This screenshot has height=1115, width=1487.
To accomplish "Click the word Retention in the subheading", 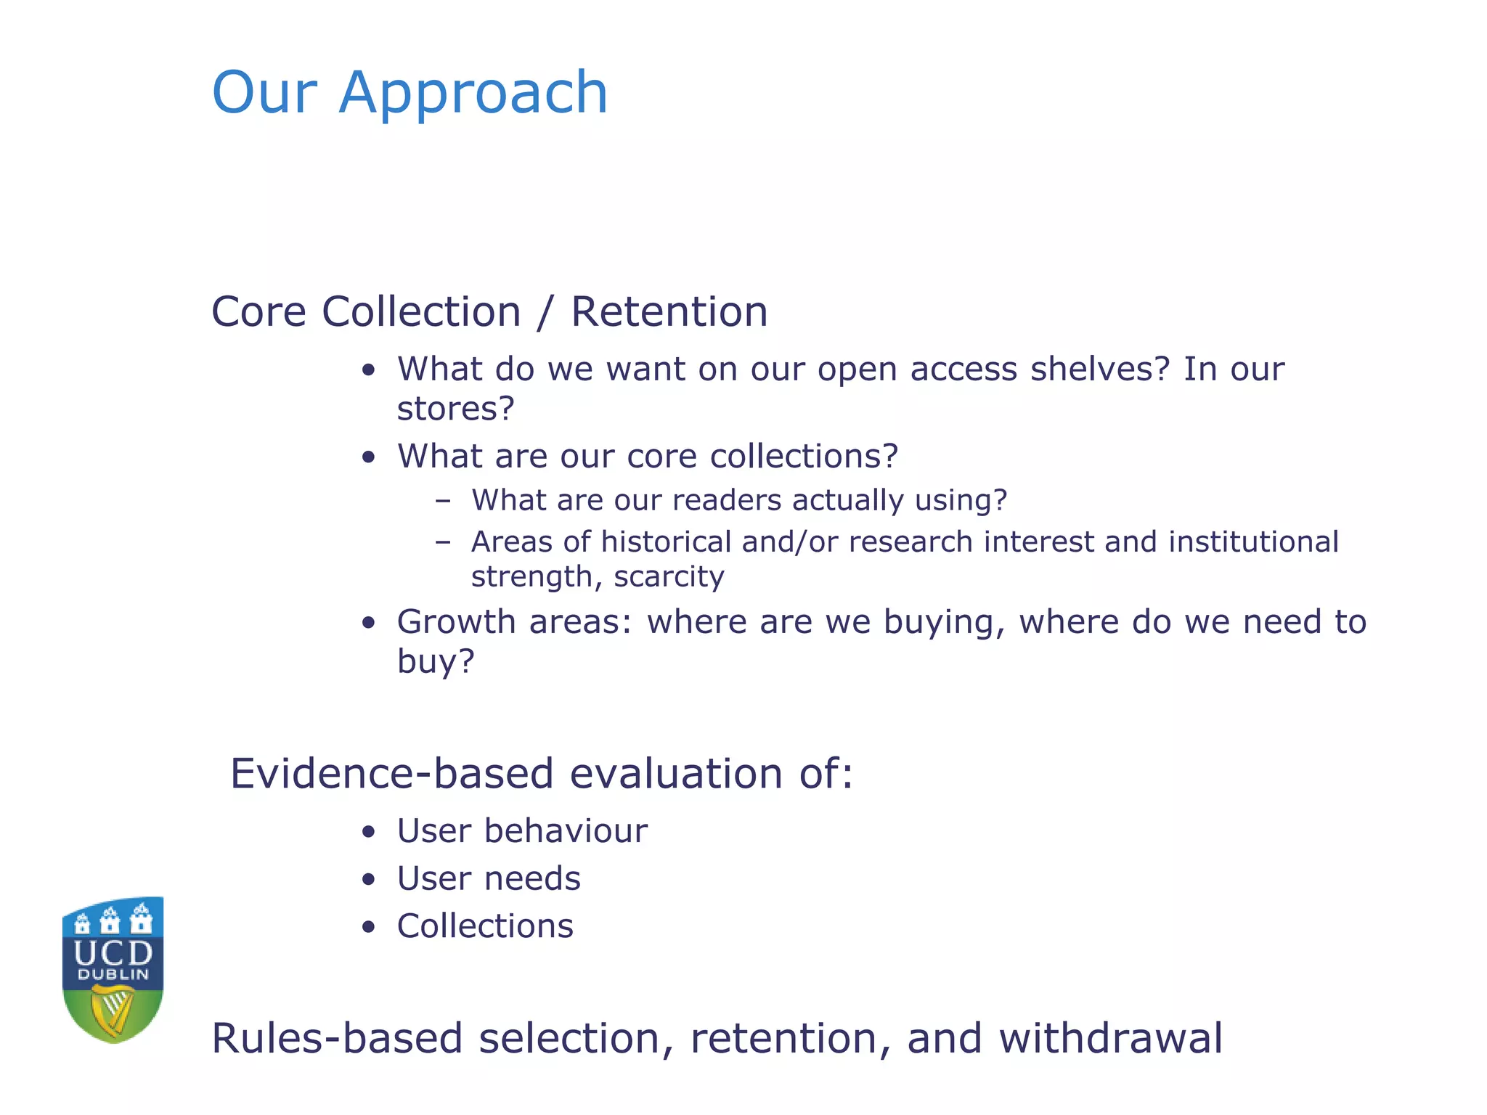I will click(x=669, y=312).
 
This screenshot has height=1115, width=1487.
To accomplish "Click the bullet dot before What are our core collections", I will click(x=369, y=457).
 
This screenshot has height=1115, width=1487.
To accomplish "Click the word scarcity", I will click(x=669, y=577).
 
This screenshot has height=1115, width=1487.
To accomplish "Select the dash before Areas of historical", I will click(x=443, y=542).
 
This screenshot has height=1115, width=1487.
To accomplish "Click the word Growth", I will click(x=457, y=622).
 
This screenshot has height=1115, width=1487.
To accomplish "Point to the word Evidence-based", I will click(x=393, y=774).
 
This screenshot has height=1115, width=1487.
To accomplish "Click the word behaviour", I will click(x=566, y=831).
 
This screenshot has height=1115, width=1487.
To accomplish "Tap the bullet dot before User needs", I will click(x=369, y=880).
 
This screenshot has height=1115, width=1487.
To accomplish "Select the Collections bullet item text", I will click(x=485, y=927).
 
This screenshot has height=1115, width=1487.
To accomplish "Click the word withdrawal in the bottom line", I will click(x=1111, y=1038).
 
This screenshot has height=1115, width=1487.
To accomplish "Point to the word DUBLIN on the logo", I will click(x=113, y=975).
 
